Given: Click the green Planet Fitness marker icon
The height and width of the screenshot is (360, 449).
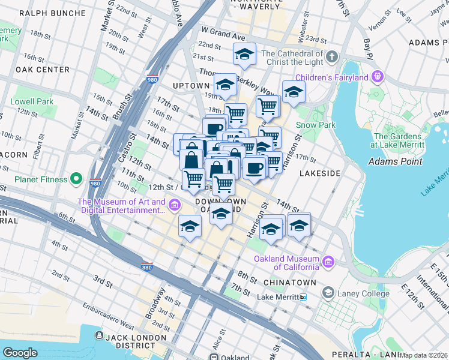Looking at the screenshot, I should click(76, 178).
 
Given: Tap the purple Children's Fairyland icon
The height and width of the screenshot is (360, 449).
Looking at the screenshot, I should click(378, 76).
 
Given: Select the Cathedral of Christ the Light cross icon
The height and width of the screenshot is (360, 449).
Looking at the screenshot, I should click(333, 56).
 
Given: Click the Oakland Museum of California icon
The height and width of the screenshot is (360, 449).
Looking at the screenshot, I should click(328, 262).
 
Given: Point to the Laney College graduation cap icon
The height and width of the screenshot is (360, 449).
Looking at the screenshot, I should click(328, 293).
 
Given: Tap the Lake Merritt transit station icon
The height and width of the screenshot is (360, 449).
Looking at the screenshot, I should click(304, 297).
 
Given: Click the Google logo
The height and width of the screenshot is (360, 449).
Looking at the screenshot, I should click(20, 352).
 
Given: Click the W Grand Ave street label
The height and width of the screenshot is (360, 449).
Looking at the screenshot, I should click(224, 29).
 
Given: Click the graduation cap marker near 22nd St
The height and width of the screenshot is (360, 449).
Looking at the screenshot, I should click(244, 54).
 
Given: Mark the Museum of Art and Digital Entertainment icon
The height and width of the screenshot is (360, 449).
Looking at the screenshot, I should click(175, 206).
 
